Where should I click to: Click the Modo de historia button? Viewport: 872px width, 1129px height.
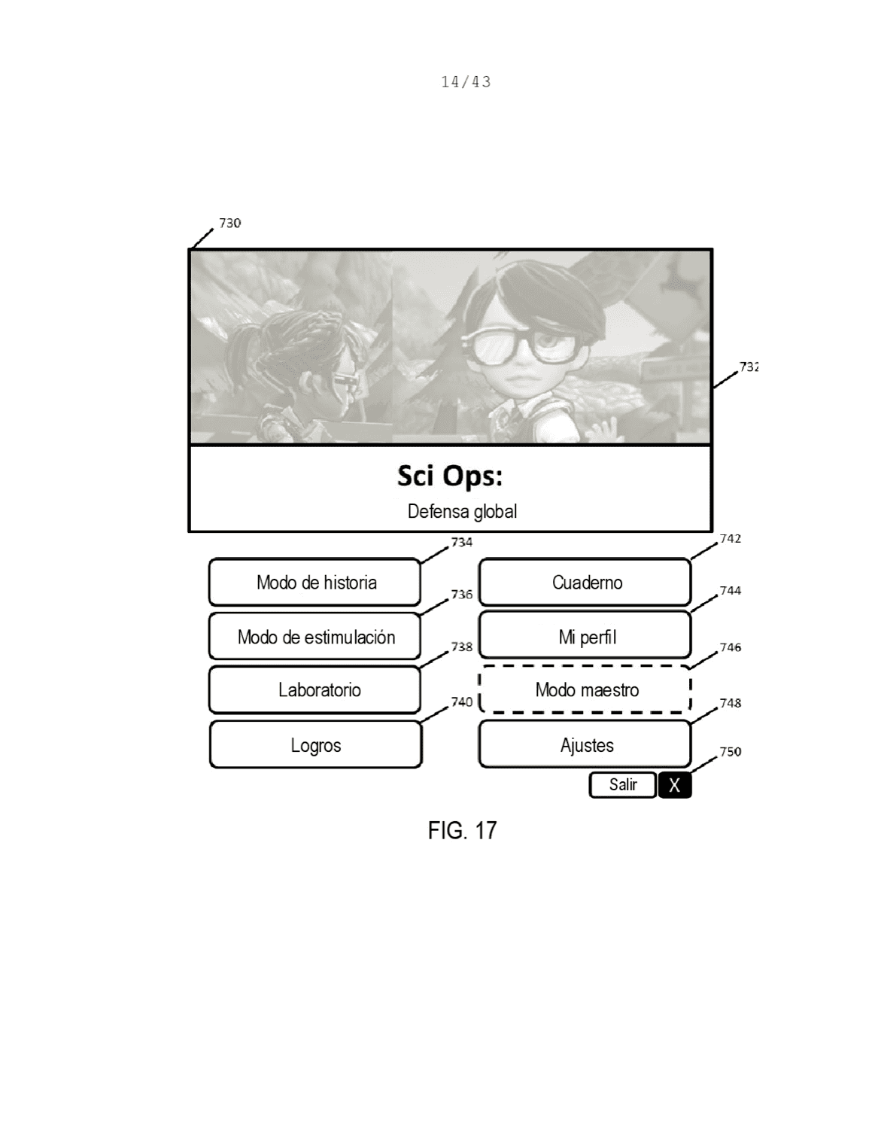pyautogui.click(x=314, y=582)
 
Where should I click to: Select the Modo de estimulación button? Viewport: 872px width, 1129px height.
pyautogui.click(x=314, y=637)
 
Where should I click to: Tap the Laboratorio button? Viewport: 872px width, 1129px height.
pyautogui.click(x=314, y=690)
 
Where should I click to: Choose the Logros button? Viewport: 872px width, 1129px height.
pyautogui.click(x=316, y=744)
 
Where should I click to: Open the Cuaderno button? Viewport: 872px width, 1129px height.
pyautogui.click(x=585, y=582)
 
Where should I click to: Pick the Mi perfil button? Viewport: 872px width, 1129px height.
pyautogui.click(x=585, y=635)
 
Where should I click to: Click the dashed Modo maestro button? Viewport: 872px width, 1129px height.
pyautogui.click(x=585, y=689)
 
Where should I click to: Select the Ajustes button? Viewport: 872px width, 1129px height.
pyautogui.click(x=585, y=744)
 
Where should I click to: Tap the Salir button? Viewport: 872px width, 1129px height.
pyautogui.click(x=623, y=784)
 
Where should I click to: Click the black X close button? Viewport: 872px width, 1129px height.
pyautogui.click(x=675, y=784)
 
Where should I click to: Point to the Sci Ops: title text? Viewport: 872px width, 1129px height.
pyautogui.click(x=450, y=476)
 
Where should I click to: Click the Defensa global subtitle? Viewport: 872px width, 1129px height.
pyautogui.click(x=462, y=511)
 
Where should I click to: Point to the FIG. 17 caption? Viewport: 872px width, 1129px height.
pyautogui.click(x=462, y=830)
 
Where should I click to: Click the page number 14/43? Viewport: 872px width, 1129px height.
pyautogui.click(x=466, y=81)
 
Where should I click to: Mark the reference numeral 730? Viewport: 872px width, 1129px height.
pyautogui.click(x=230, y=223)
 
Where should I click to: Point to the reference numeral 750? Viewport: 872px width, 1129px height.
pyautogui.click(x=731, y=752)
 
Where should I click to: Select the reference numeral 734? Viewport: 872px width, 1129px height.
pyautogui.click(x=462, y=543)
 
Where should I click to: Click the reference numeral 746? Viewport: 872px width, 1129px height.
pyautogui.click(x=731, y=647)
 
